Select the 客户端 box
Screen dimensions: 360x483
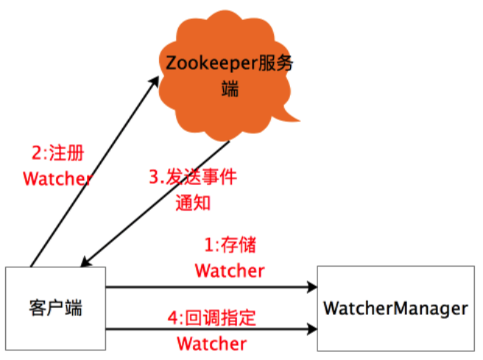tap(55, 307)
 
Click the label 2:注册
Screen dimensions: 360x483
tap(58, 154)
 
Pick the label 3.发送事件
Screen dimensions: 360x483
tap(193, 177)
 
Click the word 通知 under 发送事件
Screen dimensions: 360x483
tap(193, 202)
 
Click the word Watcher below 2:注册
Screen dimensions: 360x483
tap(57, 179)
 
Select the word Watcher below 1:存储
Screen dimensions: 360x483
tap(229, 270)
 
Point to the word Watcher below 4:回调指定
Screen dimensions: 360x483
tap(212, 343)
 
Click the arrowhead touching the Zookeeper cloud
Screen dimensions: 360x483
tap(155, 80)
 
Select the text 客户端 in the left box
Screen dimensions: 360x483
tap(55, 308)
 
